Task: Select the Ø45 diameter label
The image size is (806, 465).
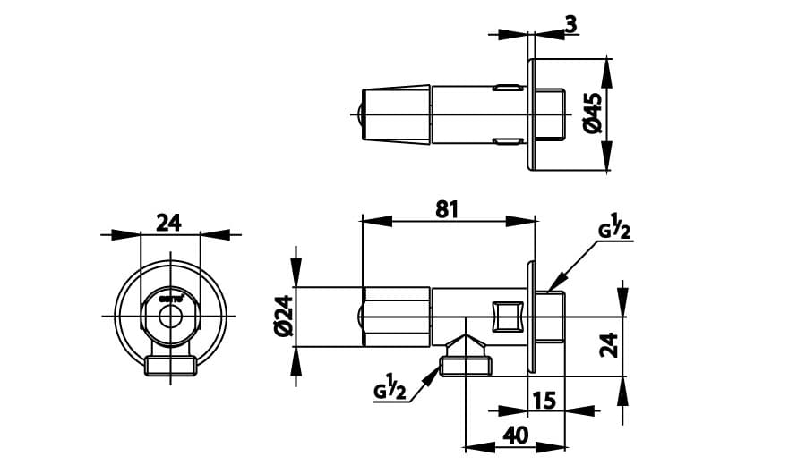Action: [x=592, y=114]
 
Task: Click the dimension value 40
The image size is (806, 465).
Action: [x=516, y=435]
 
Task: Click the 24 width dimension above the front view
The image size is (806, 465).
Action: [x=168, y=222]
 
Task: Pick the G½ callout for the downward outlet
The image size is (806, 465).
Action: [x=390, y=391]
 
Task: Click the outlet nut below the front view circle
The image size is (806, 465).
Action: [x=170, y=366]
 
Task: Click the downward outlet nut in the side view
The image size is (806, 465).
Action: [x=465, y=365]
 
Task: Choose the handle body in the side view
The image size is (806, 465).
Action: [x=395, y=317]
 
